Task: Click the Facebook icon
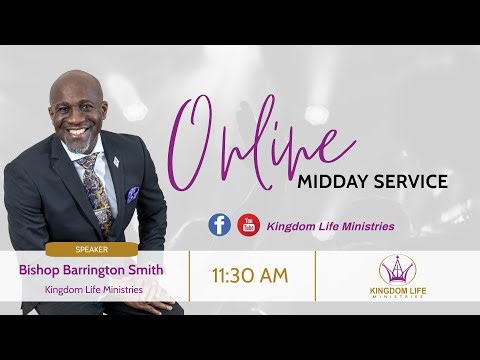(x=219, y=225)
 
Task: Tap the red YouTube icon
(x=248, y=225)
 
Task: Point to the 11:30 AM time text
(x=251, y=274)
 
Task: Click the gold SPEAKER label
(x=91, y=249)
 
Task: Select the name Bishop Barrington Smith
(x=91, y=269)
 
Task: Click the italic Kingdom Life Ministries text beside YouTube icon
(x=330, y=226)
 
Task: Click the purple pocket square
(x=133, y=193)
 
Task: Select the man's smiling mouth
(x=80, y=130)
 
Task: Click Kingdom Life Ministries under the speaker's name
(x=91, y=290)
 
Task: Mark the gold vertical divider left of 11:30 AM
(x=189, y=274)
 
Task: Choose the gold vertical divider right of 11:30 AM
(x=315, y=274)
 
